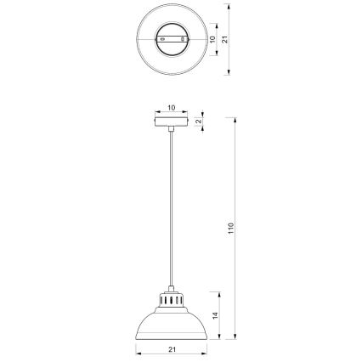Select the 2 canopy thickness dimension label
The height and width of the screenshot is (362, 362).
[199, 121]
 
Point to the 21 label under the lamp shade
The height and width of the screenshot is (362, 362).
[172, 349]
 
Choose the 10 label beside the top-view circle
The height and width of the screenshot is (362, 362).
[212, 39]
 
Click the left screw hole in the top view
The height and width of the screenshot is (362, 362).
[162, 39]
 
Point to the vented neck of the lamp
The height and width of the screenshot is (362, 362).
[172, 300]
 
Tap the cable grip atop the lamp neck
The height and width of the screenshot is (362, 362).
[172, 288]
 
